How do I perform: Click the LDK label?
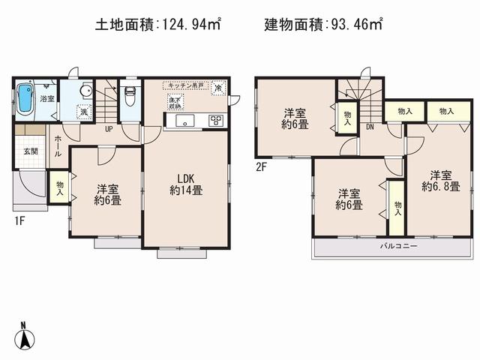point(185,178)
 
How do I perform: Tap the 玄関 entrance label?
point(30,151)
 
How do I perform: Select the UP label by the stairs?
point(108,129)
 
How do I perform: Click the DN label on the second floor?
point(370,127)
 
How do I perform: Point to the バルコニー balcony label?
point(391,245)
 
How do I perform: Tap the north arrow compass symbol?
point(25,336)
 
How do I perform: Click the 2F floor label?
point(262,166)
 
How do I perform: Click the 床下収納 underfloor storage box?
point(174,103)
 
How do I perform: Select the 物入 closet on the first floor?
point(60,187)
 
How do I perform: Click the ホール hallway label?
point(57,148)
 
